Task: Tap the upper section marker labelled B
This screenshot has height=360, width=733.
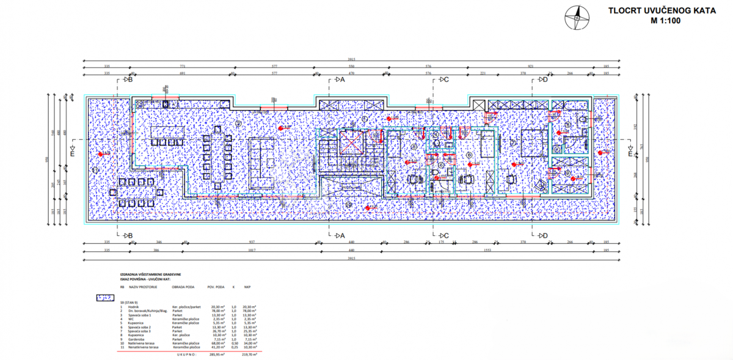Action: [128, 79]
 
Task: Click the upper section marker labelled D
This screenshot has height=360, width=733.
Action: [542, 79]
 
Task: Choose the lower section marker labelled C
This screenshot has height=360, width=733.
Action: [443, 235]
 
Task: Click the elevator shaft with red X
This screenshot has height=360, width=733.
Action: [352, 143]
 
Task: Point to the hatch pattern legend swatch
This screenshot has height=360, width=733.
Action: [106, 298]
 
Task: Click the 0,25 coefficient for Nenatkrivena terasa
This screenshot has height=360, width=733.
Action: [233, 347]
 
